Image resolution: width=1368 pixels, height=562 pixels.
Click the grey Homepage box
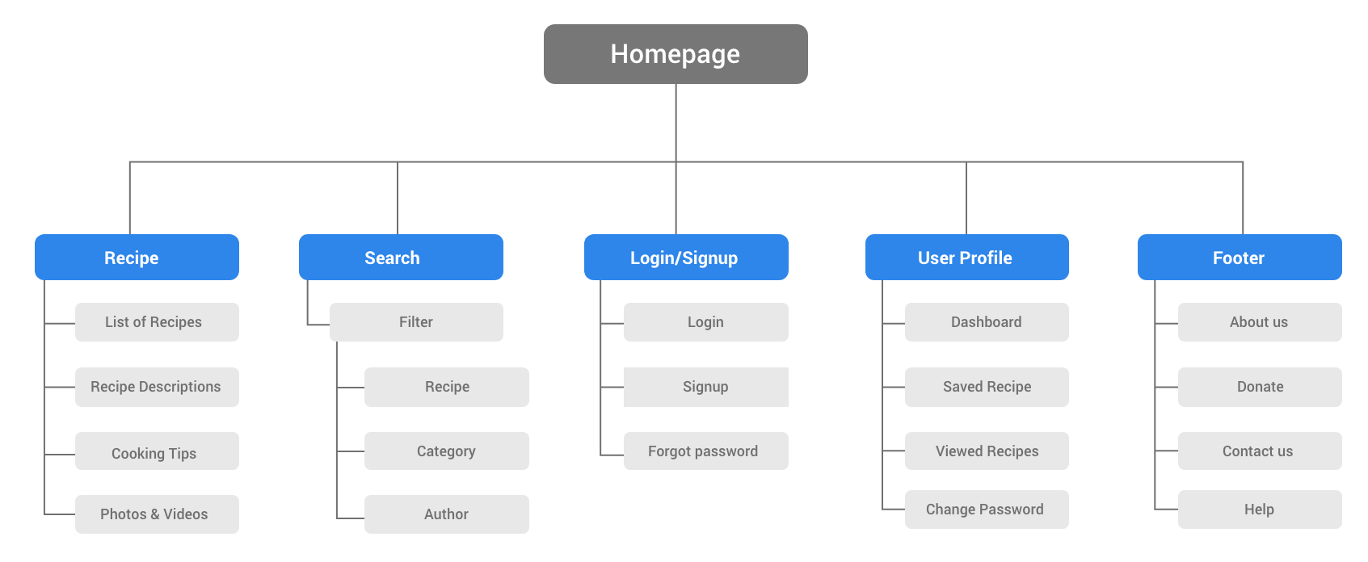point(676,54)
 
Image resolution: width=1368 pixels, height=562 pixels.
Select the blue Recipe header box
point(137,258)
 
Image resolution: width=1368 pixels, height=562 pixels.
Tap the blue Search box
point(401,258)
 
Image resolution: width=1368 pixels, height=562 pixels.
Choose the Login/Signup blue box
point(686,258)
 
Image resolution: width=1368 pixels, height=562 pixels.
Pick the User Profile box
point(966,258)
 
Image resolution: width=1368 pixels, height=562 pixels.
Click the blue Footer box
point(1240,258)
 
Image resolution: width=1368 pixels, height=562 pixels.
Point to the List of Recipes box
point(157,322)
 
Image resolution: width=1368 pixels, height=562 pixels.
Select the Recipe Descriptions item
point(157,387)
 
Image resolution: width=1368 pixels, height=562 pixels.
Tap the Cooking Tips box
point(157,451)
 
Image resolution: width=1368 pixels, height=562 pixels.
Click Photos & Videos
point(157,514)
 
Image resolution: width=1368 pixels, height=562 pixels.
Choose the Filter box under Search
point(416,322)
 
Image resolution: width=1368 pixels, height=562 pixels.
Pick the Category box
point(446,451)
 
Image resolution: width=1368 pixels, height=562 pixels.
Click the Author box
point(446,514)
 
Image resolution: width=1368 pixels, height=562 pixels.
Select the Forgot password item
point(706,451)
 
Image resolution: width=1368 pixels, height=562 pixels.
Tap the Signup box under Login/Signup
point(706,387)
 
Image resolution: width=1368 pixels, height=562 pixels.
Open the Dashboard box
point(987,322)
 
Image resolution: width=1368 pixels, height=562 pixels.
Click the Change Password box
point(987,510)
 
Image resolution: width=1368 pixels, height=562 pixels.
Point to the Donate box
point(1260,387)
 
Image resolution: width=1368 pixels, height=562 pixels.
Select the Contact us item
point(1260,451)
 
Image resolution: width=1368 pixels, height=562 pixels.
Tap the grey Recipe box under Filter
point(446,387)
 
